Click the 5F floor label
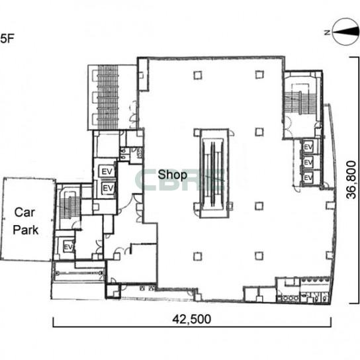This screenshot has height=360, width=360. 7,38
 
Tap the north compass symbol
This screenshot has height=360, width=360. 345,32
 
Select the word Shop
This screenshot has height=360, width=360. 173,175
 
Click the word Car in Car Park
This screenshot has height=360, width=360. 24,212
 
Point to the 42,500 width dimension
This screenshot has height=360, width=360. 192,319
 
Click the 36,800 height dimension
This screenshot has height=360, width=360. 351,179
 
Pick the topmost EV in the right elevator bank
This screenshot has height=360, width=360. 308,147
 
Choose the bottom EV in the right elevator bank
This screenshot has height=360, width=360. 308,177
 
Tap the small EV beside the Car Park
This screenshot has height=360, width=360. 68,247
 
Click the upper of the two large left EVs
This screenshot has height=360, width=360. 107,171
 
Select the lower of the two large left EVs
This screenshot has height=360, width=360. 108,188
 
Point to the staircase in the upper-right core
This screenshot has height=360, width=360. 300,102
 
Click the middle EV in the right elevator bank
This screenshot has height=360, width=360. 308,163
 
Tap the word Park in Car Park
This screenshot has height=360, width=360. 26,230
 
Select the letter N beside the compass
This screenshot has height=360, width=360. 327,32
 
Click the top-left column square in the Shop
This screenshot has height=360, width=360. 198,75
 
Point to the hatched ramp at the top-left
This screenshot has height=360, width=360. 108,97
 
